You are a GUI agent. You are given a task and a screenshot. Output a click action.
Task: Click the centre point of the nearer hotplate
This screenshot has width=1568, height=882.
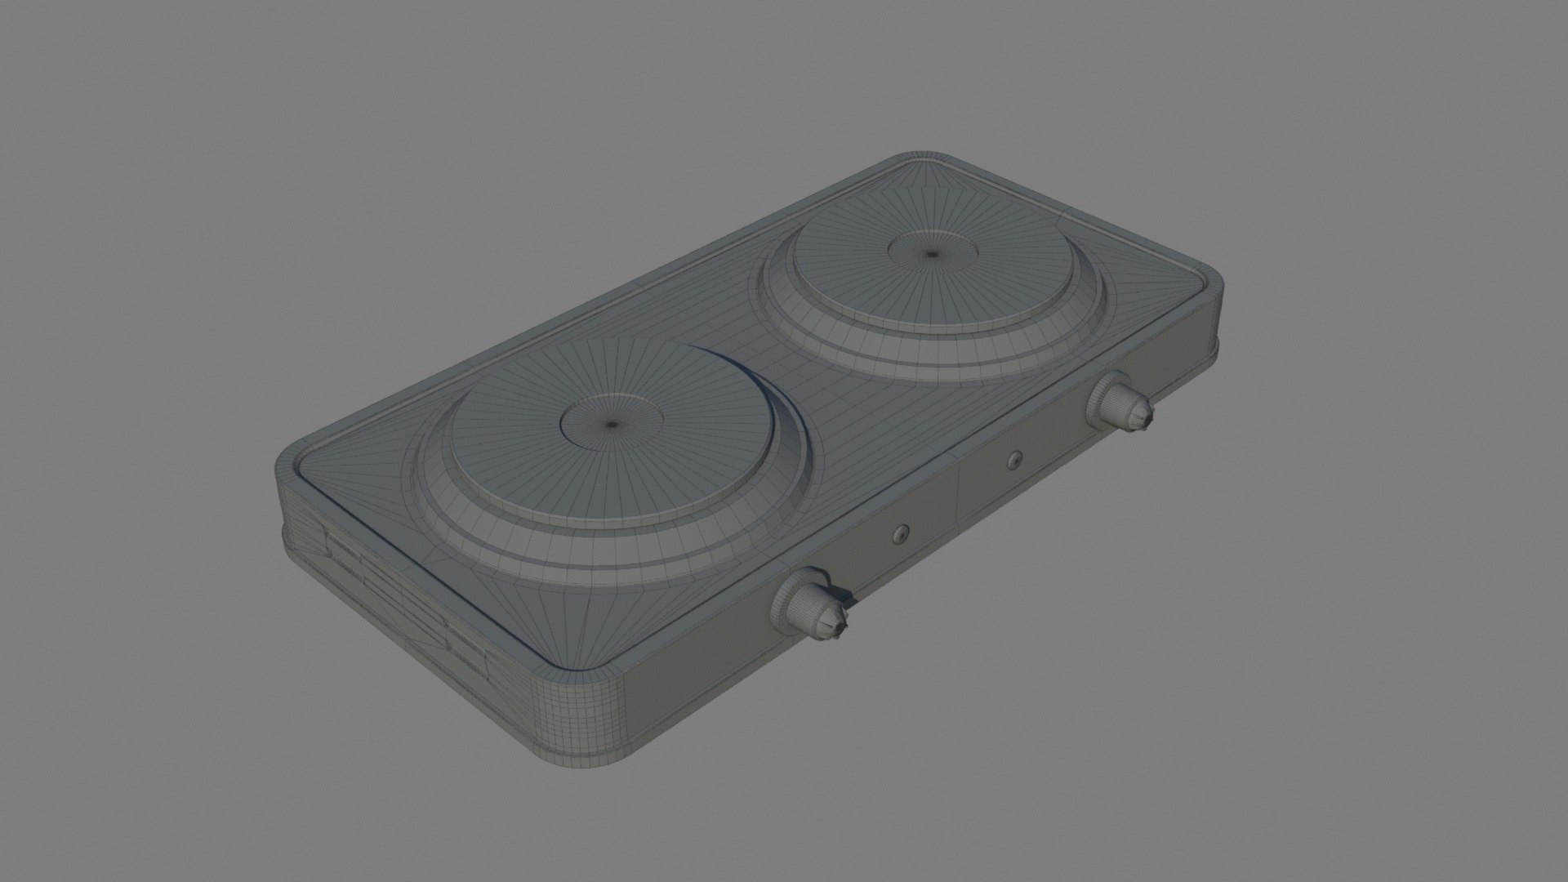[612, 424]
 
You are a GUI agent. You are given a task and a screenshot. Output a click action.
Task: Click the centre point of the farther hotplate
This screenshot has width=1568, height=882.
[933, 254]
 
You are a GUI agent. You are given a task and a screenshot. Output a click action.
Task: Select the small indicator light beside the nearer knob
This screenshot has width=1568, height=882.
[900, 533]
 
